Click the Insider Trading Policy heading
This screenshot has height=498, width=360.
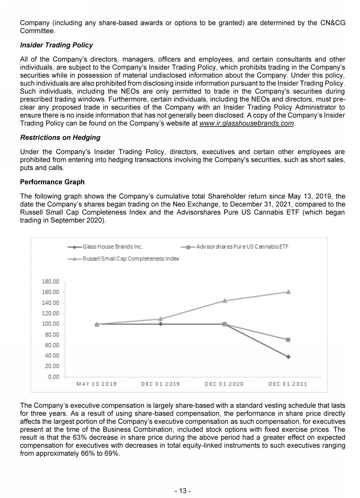[x=56, y=45]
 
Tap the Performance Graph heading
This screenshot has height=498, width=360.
[x=52, y=182]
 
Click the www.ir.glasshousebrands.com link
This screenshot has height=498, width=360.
[x=247, y=124]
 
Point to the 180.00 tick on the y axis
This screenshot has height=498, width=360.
[x=50, y=282]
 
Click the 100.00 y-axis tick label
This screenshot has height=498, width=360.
[x=50, y=324]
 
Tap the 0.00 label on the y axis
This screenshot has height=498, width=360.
[x=53, y=377]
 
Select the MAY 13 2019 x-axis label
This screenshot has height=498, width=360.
[x=97, y=384]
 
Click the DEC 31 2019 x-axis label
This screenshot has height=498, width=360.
[x=161, y=384]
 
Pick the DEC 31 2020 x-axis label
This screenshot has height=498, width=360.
[x=224, y=384]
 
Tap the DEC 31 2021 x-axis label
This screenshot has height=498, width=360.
[x=288, y=384]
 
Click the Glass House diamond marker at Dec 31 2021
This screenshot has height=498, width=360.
[x=288, y=357]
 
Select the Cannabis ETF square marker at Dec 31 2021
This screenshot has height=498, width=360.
[x=288, y=340]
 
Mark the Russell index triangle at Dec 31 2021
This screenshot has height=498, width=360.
[x=288, y=292]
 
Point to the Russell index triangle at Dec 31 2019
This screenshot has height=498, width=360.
[x=161, y=319]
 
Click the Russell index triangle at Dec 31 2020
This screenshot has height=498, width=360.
[x=224, y=300]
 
